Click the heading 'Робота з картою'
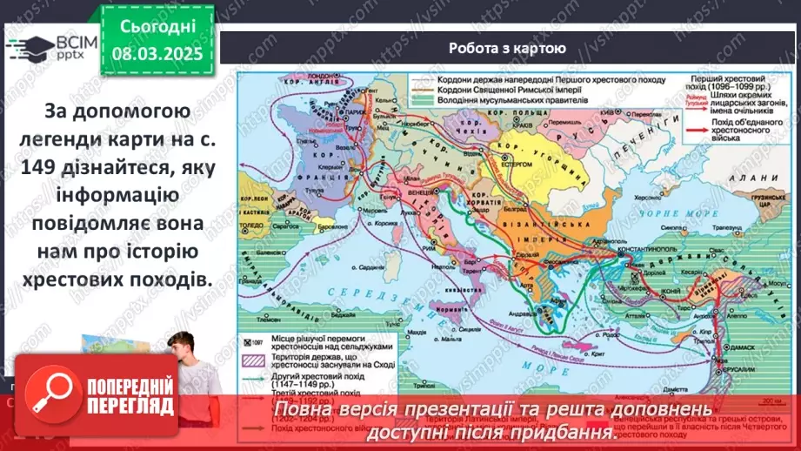coord(508,49)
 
